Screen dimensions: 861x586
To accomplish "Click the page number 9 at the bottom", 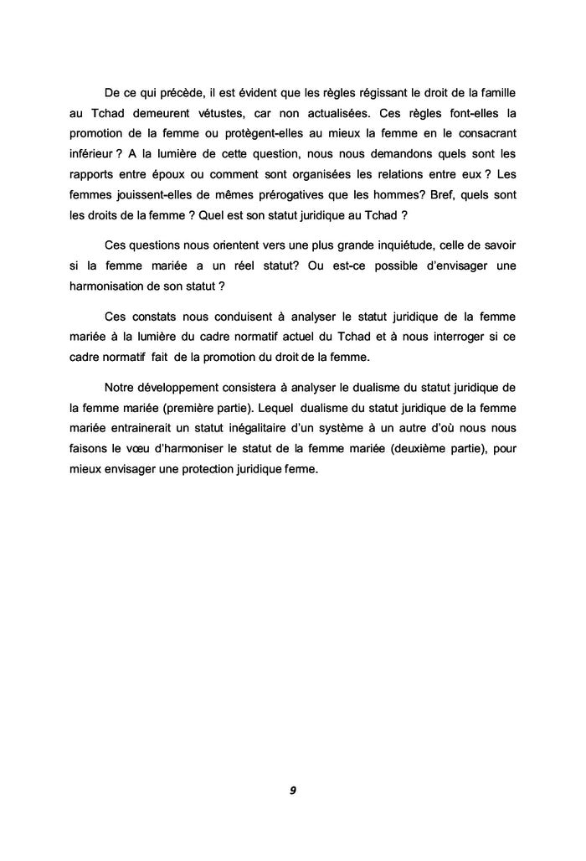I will click(x=293, y=790).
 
